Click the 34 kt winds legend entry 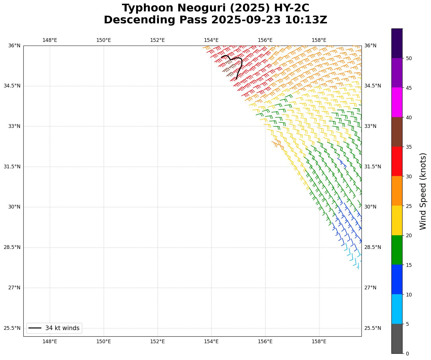point(54,328)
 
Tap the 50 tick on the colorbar point(408,58)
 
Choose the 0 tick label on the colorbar point(407,353)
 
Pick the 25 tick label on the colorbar point(408,206)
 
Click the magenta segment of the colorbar point(397,102)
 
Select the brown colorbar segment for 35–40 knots point(397,132)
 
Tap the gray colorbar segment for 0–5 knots point(397,339)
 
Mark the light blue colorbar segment point(397,309)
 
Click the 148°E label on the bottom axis point(50,341)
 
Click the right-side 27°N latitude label point(370,288)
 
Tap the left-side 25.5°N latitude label point(12,328)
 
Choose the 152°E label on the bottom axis point(157,341)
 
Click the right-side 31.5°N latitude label point(372,167)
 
